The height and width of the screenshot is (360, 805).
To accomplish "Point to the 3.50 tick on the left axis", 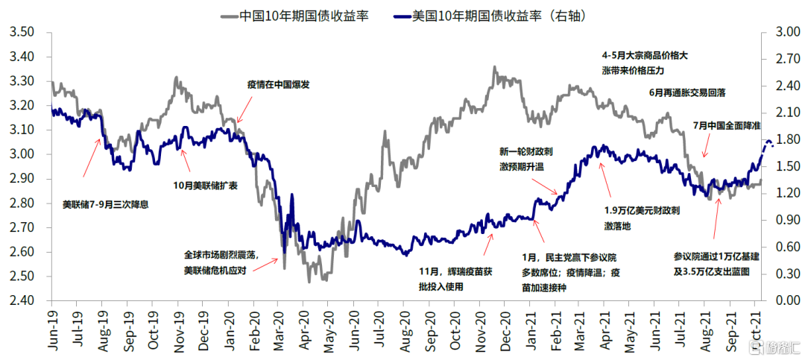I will pos(23,32).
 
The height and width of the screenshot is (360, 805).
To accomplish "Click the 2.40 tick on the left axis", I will pos(23,301).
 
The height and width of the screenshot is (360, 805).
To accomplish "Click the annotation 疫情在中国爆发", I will pos(278,85).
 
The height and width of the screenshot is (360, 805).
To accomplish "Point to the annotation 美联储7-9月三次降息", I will pos(105,203).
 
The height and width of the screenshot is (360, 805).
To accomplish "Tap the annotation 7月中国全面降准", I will pos(726,125).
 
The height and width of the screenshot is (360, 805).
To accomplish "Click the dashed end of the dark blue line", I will pos(768,144).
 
